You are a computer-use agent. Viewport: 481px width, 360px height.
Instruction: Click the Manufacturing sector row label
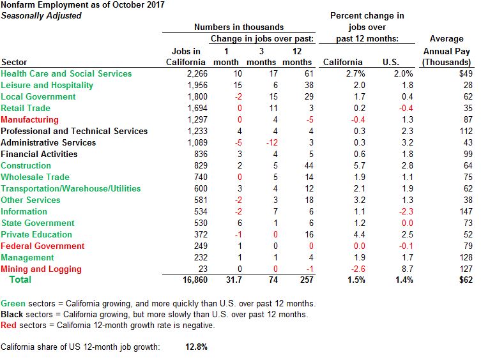(x=29, y=119)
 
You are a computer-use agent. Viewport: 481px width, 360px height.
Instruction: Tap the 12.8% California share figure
(x=196, y=347)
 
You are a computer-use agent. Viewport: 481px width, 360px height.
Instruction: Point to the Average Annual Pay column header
(x=447, y=50)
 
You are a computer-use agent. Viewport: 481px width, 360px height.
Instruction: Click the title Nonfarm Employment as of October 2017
(x=82, y=4)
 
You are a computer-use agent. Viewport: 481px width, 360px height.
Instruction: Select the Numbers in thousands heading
(x=239, y=27)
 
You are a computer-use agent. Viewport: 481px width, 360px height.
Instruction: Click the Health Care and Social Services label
(x=66, y=73)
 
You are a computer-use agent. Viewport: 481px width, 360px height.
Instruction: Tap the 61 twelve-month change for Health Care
(x=308, y=73)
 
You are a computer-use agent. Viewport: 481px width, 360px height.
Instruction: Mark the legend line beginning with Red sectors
(x=107, y=325)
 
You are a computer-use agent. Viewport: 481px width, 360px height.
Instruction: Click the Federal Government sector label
(x=42, y=246)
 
